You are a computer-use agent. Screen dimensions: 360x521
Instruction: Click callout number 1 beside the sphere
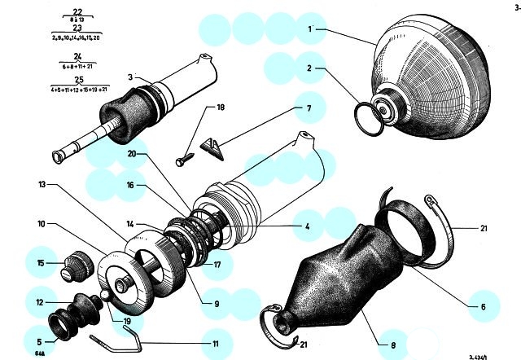click(x=311, y=29)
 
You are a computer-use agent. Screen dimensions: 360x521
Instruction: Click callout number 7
click(x=309, y=108)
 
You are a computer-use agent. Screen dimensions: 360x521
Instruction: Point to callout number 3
click(x=129, y=77)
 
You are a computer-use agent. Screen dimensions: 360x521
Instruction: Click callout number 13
click(x=41, y=185)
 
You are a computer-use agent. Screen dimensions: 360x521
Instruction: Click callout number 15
click(x=40, y=262)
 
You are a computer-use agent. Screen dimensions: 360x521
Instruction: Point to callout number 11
click(x=216, y=344)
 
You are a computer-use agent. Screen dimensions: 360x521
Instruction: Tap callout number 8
click(x=393, y=345)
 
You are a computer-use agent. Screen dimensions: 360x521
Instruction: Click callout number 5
click(x=40, y=341)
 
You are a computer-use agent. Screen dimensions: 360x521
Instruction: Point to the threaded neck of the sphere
click(x=390, y=101)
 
